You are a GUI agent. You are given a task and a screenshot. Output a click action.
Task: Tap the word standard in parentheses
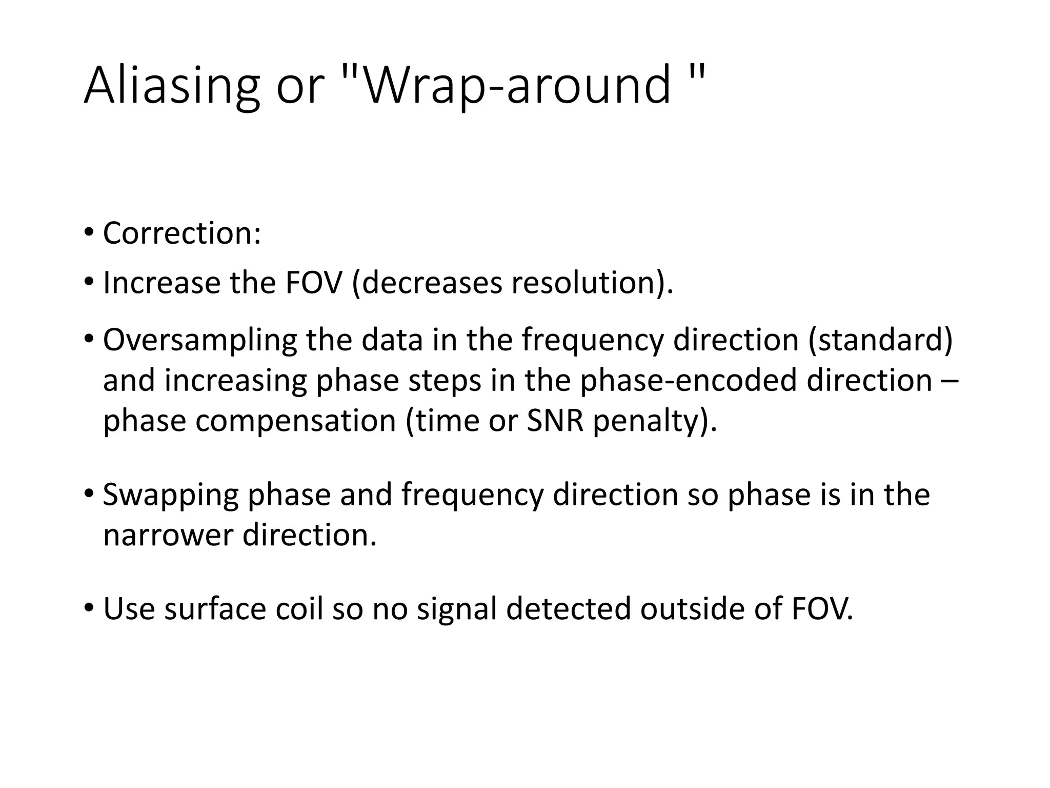tap(880, 341)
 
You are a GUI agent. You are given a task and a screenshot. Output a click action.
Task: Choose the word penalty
tap(651, 421)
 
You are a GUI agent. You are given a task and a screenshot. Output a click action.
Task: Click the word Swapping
tap(171, 496)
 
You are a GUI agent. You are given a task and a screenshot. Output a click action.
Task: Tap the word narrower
tap(168, 535)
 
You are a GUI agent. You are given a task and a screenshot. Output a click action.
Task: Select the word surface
tap(215, 609)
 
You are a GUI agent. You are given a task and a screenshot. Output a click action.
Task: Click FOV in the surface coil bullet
tap(820, 609)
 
